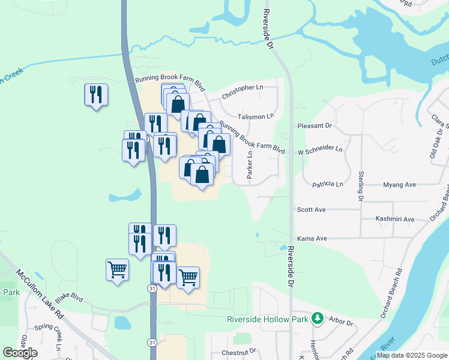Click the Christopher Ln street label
pos(243,88)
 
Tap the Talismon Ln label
pos(255,116)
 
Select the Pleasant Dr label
pos(315,126)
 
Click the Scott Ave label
pos(311,209)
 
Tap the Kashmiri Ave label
pos(394,219)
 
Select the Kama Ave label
pos(312,238)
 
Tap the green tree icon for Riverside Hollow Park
pos(320,319)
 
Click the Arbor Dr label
pos(341,322)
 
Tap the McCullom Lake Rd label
pos(40,292)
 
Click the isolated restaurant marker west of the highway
pos(96,95)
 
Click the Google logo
pos(20,353)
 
